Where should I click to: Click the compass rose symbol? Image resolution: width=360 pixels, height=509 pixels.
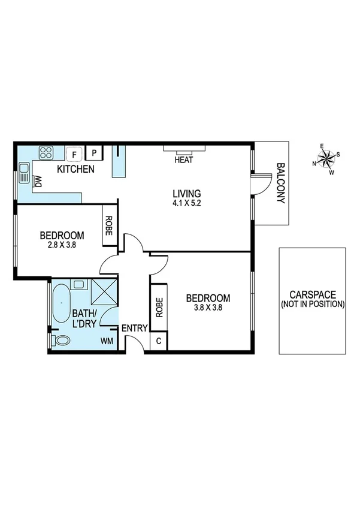326,159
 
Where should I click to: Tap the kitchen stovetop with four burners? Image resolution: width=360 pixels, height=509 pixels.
47,152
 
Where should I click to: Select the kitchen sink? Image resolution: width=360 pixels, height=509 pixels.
24,174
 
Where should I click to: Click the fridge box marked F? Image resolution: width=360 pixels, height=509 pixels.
74,154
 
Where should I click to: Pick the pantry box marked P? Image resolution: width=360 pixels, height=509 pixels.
94,153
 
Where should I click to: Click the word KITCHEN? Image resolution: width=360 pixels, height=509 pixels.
75,170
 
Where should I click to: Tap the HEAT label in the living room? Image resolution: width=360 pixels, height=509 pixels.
183,160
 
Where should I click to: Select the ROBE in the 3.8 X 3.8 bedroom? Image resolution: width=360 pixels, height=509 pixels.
159,308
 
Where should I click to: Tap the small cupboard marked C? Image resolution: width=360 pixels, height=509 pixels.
159,341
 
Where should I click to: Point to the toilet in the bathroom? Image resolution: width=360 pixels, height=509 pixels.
60,341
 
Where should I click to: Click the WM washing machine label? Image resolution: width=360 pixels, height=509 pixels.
107,341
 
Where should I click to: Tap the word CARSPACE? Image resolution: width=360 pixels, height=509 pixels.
312,295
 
